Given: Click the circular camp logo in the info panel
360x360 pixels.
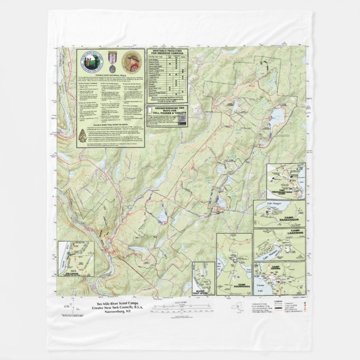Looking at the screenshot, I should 91,60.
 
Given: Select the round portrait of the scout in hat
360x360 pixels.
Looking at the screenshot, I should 132,59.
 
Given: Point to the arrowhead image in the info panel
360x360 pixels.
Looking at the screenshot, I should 83,134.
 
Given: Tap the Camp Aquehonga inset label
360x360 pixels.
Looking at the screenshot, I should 235,286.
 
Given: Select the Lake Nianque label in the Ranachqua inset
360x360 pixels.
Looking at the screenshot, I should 274,207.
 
